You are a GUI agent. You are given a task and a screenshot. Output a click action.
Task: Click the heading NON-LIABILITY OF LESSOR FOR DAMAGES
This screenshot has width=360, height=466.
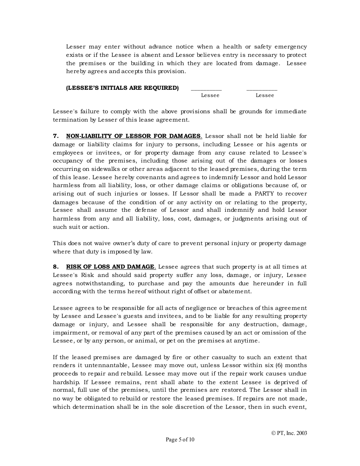(x=134, y=136)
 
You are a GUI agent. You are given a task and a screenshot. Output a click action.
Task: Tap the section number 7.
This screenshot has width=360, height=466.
(x=56, y=136)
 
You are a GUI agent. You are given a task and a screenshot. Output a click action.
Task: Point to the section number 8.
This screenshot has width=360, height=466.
(x=56, y=267)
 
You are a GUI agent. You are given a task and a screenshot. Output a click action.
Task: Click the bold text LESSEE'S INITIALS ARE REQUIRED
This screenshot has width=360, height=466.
(x=122, y=88)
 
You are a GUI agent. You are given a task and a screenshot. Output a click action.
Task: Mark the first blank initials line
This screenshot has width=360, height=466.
(x=206, y=89)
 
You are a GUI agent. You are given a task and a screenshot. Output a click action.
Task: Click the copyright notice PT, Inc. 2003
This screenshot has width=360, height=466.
(x=289, y=433)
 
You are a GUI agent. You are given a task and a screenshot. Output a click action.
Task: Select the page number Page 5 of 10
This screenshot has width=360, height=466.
(x=180, y=440)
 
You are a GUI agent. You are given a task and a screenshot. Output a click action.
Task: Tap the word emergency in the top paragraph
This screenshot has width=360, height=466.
(x=290, y=47)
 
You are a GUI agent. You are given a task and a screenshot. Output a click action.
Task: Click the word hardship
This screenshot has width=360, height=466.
(x=66, y=382)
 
